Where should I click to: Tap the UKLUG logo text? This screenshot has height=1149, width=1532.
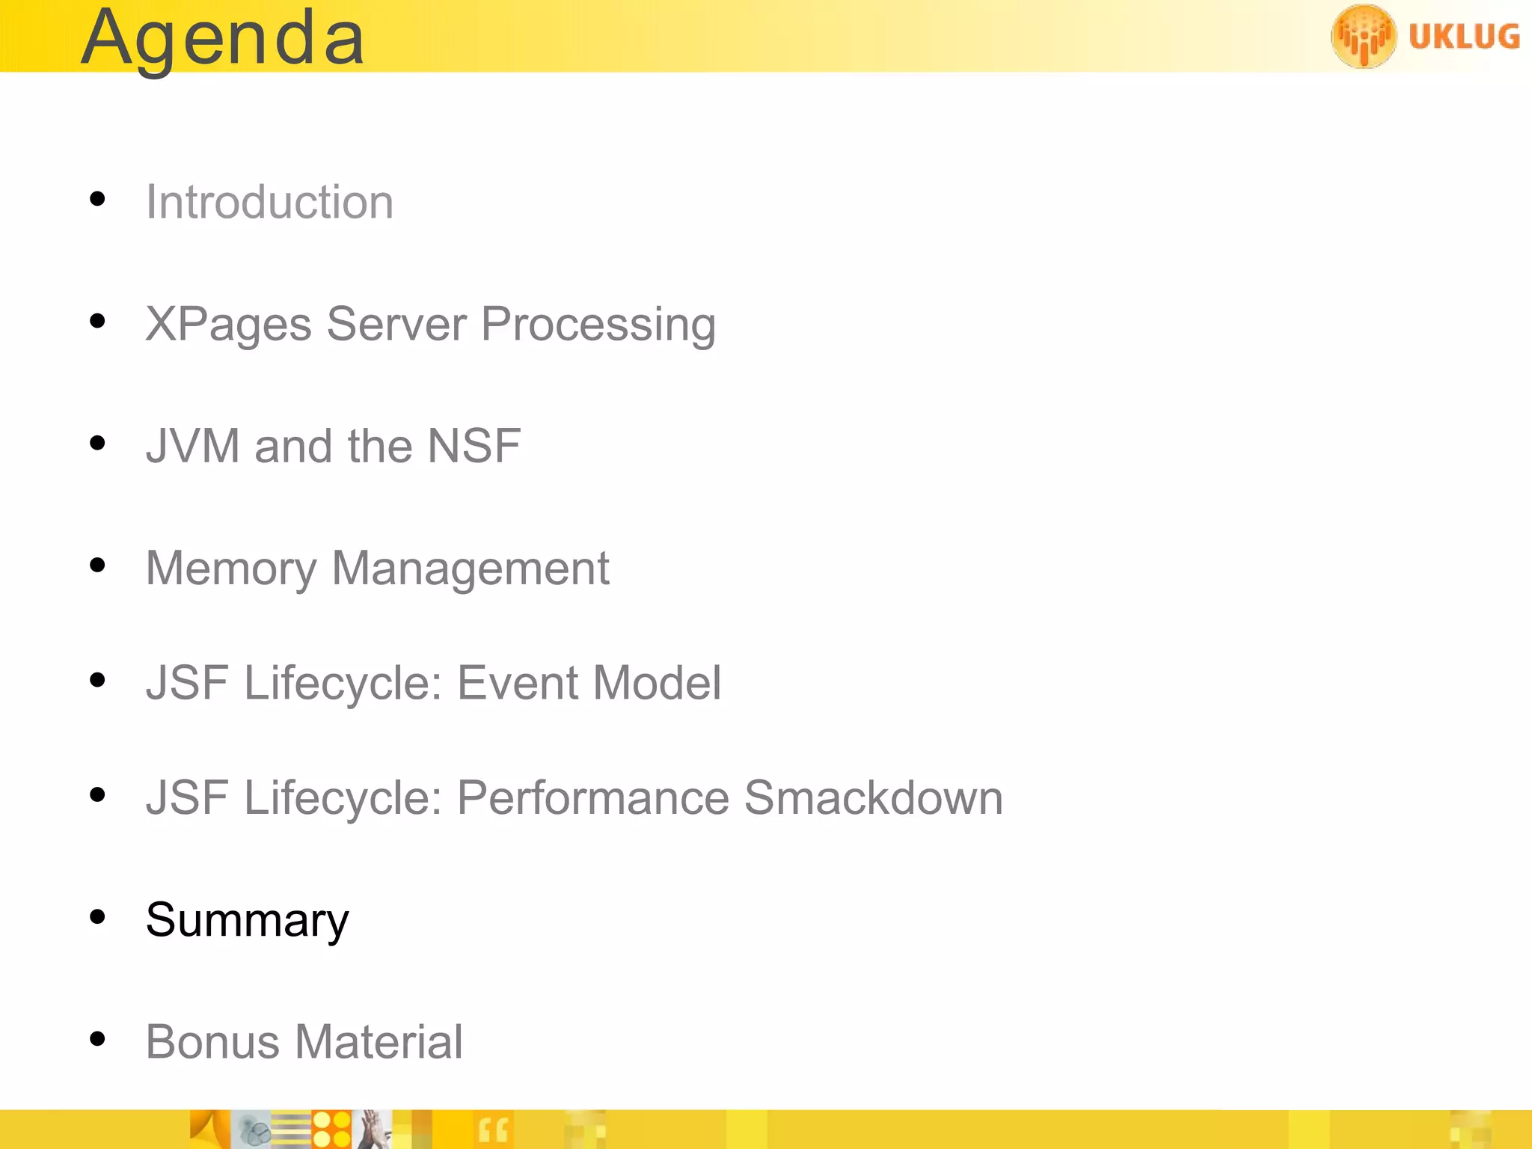point(1464,36)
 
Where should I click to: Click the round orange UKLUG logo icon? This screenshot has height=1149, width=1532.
point(1363,36)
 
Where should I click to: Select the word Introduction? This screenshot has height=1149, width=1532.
point(269,202)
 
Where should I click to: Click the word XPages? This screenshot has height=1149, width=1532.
point(228,325)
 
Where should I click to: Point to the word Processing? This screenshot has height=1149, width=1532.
point(598,325)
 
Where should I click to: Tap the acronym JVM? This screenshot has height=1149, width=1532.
point(192,446)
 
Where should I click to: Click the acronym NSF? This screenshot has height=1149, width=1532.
point(474,446)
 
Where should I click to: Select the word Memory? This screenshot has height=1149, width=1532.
point(231,569)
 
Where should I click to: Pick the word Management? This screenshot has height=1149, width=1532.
point(471,569)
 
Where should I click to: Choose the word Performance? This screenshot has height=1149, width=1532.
point(592,797)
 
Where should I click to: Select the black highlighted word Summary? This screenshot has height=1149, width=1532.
point(247,920)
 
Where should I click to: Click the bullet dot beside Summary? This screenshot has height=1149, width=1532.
point(97,916)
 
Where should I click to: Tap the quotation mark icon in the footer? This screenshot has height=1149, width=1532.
point(492,1130)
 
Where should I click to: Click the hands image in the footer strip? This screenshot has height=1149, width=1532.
point(374,1130)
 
